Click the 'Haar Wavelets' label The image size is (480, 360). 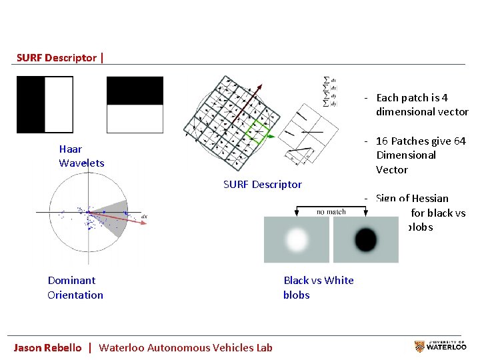[x=81, y=156]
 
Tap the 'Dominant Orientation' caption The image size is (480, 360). [x=75, y=287]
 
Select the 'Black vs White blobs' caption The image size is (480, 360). [x=318, y=287]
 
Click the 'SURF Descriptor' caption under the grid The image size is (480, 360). [x=262, y=184]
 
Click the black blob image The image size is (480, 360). [x=365, y=239]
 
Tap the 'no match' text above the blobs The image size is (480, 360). [x=331, y=211]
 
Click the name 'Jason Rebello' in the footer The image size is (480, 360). [x=48, y=347]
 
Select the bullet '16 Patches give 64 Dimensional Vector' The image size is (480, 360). [x=420, y=155]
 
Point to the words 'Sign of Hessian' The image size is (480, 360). [x=412, y=198]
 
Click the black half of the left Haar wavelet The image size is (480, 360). [x=31, y=105]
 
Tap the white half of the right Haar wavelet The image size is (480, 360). [x=135, y=119]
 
